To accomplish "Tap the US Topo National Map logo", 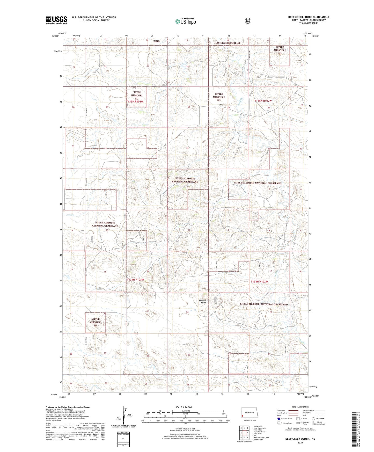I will (185, 21).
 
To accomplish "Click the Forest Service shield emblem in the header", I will (248, 21).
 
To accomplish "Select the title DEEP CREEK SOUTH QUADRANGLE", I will (309, 17).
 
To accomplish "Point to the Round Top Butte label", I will (203, 301).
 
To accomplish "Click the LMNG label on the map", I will (156, 41).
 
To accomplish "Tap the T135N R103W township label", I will (135, 102).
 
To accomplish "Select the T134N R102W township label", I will (259, 281).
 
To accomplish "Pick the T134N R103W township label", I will (135, 280).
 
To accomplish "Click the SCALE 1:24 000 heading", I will (184, 407).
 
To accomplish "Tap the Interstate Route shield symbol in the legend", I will (278, 419).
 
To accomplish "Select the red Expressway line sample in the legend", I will (292, 410).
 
